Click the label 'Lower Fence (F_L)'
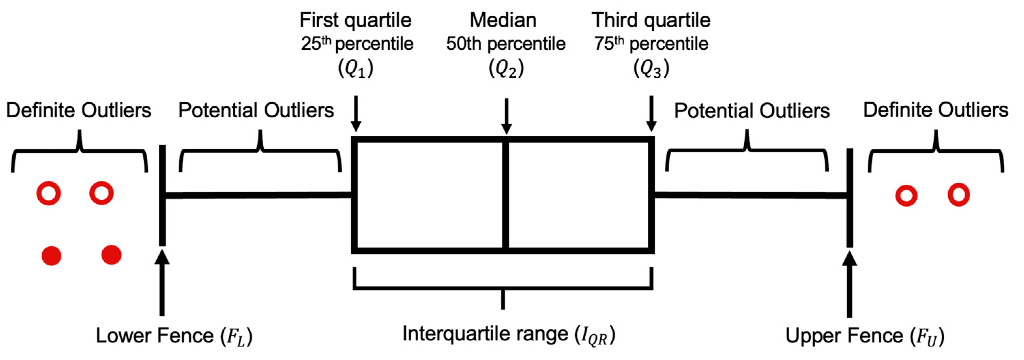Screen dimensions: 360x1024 (x=174, y=336)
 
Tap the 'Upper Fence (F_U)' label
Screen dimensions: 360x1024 (x=865, y=336)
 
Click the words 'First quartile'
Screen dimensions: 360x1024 (x=355, y=20)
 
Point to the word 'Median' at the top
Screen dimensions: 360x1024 (x=503, y=20)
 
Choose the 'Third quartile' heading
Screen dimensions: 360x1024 (x=651, y=20)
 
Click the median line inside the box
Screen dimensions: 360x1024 (x=505, y=195)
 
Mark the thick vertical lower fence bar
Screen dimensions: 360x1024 (x=162, y=195)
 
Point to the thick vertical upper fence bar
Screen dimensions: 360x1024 (x=849, y=197)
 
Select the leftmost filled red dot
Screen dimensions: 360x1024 (x=51, y=255)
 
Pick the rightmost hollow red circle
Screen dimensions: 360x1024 (x=959, y=195)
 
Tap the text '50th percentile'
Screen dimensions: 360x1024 (x=505, y=44)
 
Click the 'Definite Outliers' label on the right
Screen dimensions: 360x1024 (x=935, y=110)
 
